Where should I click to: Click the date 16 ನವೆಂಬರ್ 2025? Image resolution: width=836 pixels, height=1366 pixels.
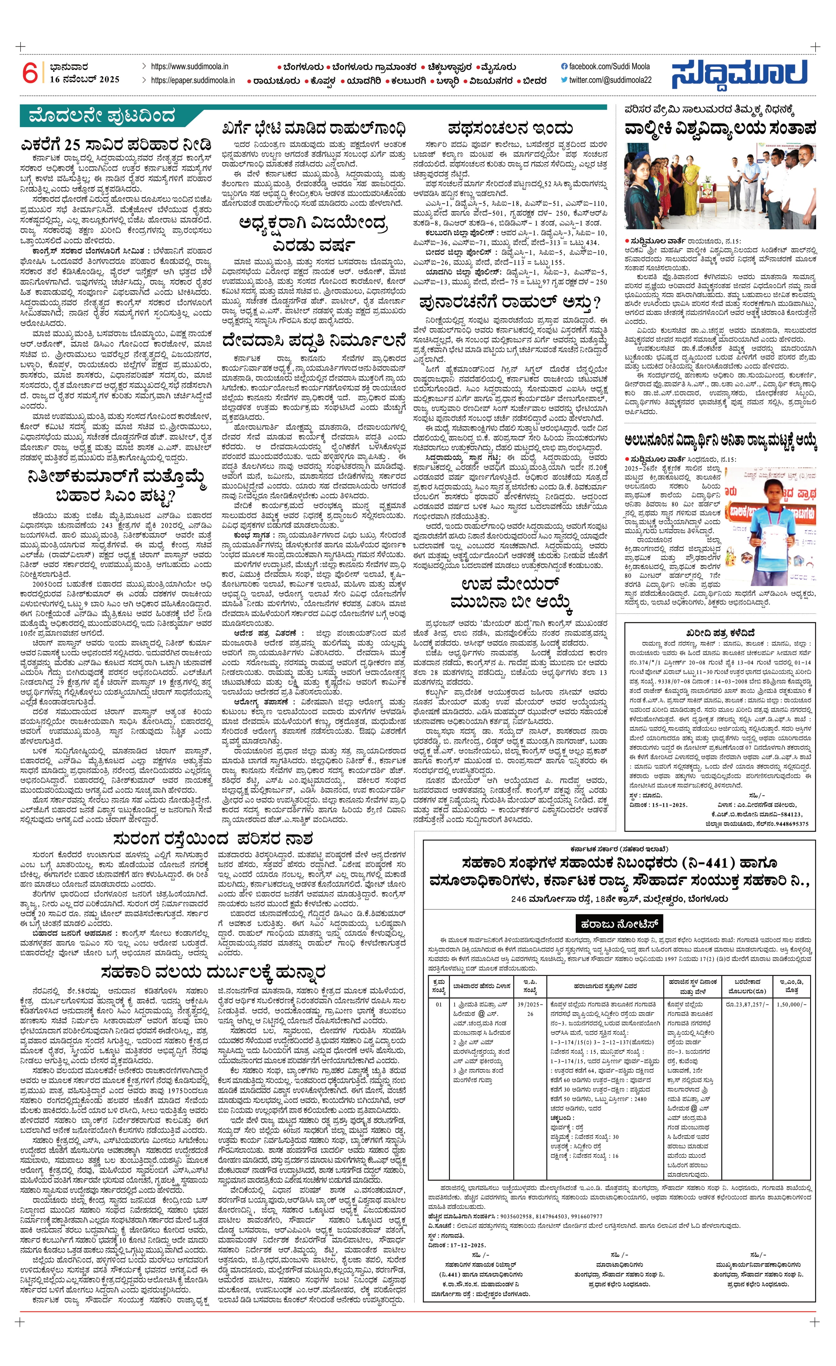tap(84, 79)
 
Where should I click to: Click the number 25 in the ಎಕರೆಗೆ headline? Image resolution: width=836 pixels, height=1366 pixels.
tap(73, 145)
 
